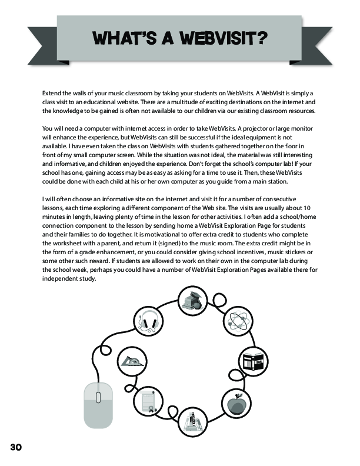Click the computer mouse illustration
coord(98,405)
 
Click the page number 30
coord(16,447)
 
